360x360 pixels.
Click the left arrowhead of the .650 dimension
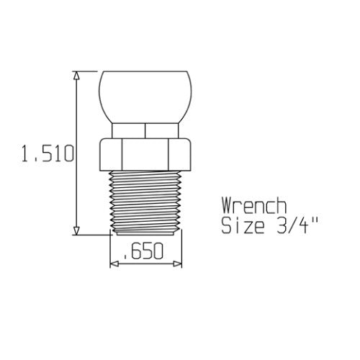tap(113, 264)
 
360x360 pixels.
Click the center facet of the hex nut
tap(145, 153)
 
